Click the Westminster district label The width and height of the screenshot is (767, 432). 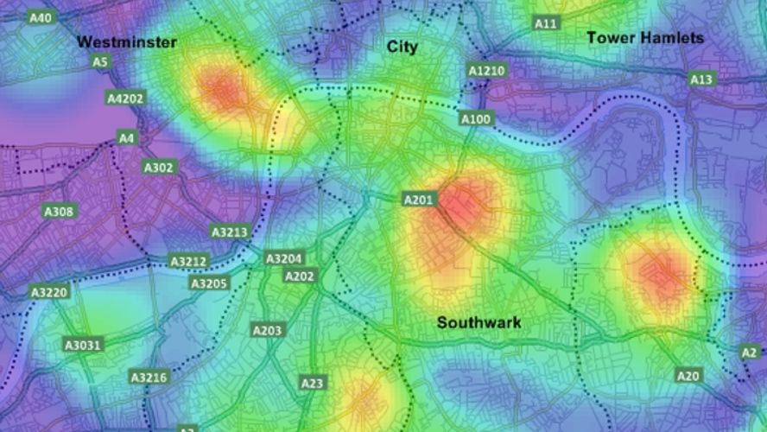[x=127, y=42]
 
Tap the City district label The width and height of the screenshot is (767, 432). [x=402, y=47]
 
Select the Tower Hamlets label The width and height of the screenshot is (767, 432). [x=645, y=38]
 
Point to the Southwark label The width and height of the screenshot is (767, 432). [x=479, y=323]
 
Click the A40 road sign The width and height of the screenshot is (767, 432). [x=40, y=17]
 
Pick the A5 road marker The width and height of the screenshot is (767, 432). [x=100, y=62]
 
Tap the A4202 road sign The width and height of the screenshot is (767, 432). [x=125, y=98]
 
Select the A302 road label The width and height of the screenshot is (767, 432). [x=158, y=168]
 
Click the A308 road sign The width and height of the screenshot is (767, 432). [x=60, y=212]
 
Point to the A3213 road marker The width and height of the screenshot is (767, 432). [x=230, y=232]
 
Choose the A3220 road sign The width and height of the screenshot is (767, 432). [x=48, y=293]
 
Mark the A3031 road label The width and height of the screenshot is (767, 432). [x=83, y=346]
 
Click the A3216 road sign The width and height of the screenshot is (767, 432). [x=149, y=378]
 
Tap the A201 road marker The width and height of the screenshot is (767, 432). [x=420, y=200]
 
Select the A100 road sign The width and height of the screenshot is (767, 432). [x=476, y=118]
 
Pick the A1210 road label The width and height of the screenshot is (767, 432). [x=486, y=70]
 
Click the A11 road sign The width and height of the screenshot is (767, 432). [x=545, y=23]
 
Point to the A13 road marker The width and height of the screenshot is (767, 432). [x=701, y=79]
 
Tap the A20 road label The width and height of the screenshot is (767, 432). [x=688, y=376]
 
